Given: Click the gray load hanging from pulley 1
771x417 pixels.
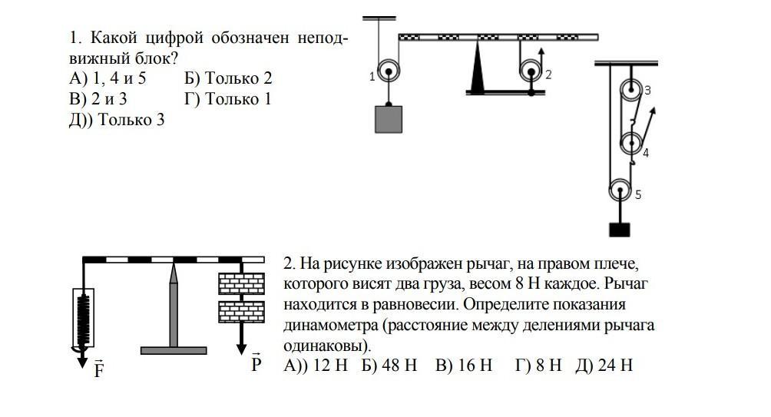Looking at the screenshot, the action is (x=389, y=120).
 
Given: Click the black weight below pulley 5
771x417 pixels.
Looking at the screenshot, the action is (x=620, y=230).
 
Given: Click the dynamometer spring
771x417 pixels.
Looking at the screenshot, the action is (x=84, y=319).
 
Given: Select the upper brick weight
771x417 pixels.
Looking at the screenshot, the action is (x=241, y=283).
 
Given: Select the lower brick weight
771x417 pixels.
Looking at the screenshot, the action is (x=241, y=312).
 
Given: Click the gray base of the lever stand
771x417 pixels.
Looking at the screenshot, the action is (x=174, y=351).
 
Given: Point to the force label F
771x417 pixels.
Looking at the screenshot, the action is (x=99, y=369).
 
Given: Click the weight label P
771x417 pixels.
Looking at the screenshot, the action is (x=256, y=363).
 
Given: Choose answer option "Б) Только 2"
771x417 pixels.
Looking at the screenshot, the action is (x=228, y=78).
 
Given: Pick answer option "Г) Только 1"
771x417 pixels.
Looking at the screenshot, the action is (x=227, y=99).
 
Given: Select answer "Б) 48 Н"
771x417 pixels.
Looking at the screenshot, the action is (x=389, y=365).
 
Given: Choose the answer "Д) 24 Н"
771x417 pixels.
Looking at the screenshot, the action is (x=604, y=365).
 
